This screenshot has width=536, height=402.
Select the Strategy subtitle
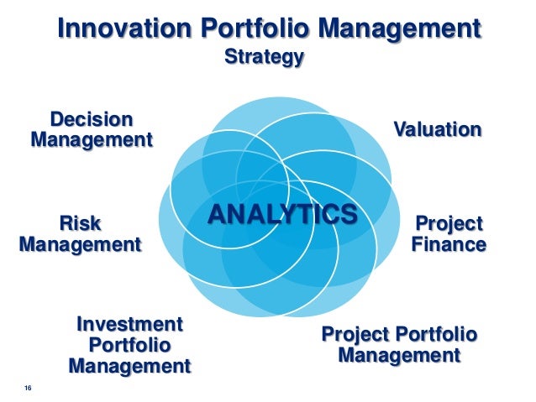(263, 58)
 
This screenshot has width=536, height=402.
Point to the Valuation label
(438, 129)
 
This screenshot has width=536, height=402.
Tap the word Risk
(79, 223)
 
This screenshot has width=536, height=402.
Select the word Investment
(129, 324)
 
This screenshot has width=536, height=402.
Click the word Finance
(448, 245)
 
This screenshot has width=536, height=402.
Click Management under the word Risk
(79, 245)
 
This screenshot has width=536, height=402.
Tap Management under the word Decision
(92, 139)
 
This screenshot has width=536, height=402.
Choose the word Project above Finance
(450, 224)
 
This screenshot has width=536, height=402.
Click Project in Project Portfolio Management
(359, 335)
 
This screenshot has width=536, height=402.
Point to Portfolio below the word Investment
(129, 345)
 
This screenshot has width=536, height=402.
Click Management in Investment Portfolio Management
(129, 366)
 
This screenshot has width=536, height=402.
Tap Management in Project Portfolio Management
(399, 356)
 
